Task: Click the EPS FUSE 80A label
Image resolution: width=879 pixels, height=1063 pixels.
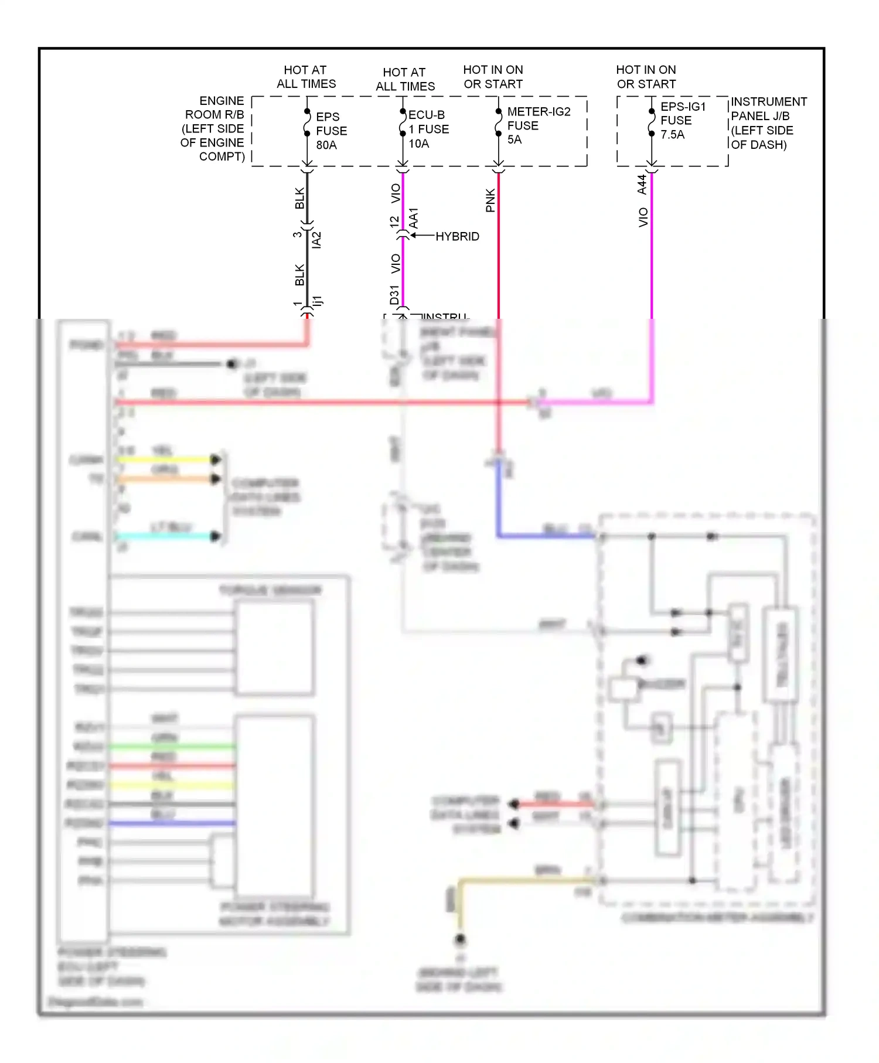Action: (331, 131)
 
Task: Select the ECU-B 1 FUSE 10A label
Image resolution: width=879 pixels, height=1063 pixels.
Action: (428, 129)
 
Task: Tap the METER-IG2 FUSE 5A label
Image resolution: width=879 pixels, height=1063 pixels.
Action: (538, 125)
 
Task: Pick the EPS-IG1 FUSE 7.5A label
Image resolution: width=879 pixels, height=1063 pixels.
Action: (683, 120)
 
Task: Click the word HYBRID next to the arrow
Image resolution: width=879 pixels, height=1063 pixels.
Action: (457, 236)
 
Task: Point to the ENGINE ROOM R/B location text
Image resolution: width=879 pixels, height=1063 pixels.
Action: (213, 128)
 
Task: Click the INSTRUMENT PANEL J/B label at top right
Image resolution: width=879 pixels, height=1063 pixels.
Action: (768, 123)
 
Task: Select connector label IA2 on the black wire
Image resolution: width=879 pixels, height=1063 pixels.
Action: (316, 240)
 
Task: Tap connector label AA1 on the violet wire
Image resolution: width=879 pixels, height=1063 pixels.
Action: (414, 218)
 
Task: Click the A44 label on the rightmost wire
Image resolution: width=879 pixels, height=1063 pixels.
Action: (642, 184)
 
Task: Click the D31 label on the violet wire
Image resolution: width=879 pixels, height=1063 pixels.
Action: (394, 295)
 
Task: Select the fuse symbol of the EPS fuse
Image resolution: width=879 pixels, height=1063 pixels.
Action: (307, 122)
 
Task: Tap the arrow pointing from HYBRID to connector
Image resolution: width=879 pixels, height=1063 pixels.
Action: (422, 236)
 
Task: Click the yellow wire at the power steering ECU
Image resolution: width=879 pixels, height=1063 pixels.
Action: (164, 459)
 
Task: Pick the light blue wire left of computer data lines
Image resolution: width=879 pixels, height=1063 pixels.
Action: (164, 536)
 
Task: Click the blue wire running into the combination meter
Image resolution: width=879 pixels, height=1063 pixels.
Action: (545, 536)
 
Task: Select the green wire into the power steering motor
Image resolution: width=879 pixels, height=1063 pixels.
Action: (173, 747)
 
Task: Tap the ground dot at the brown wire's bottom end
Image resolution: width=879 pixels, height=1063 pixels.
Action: (460, 941)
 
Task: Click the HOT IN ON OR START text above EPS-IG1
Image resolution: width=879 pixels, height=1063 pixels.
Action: (646, 77)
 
